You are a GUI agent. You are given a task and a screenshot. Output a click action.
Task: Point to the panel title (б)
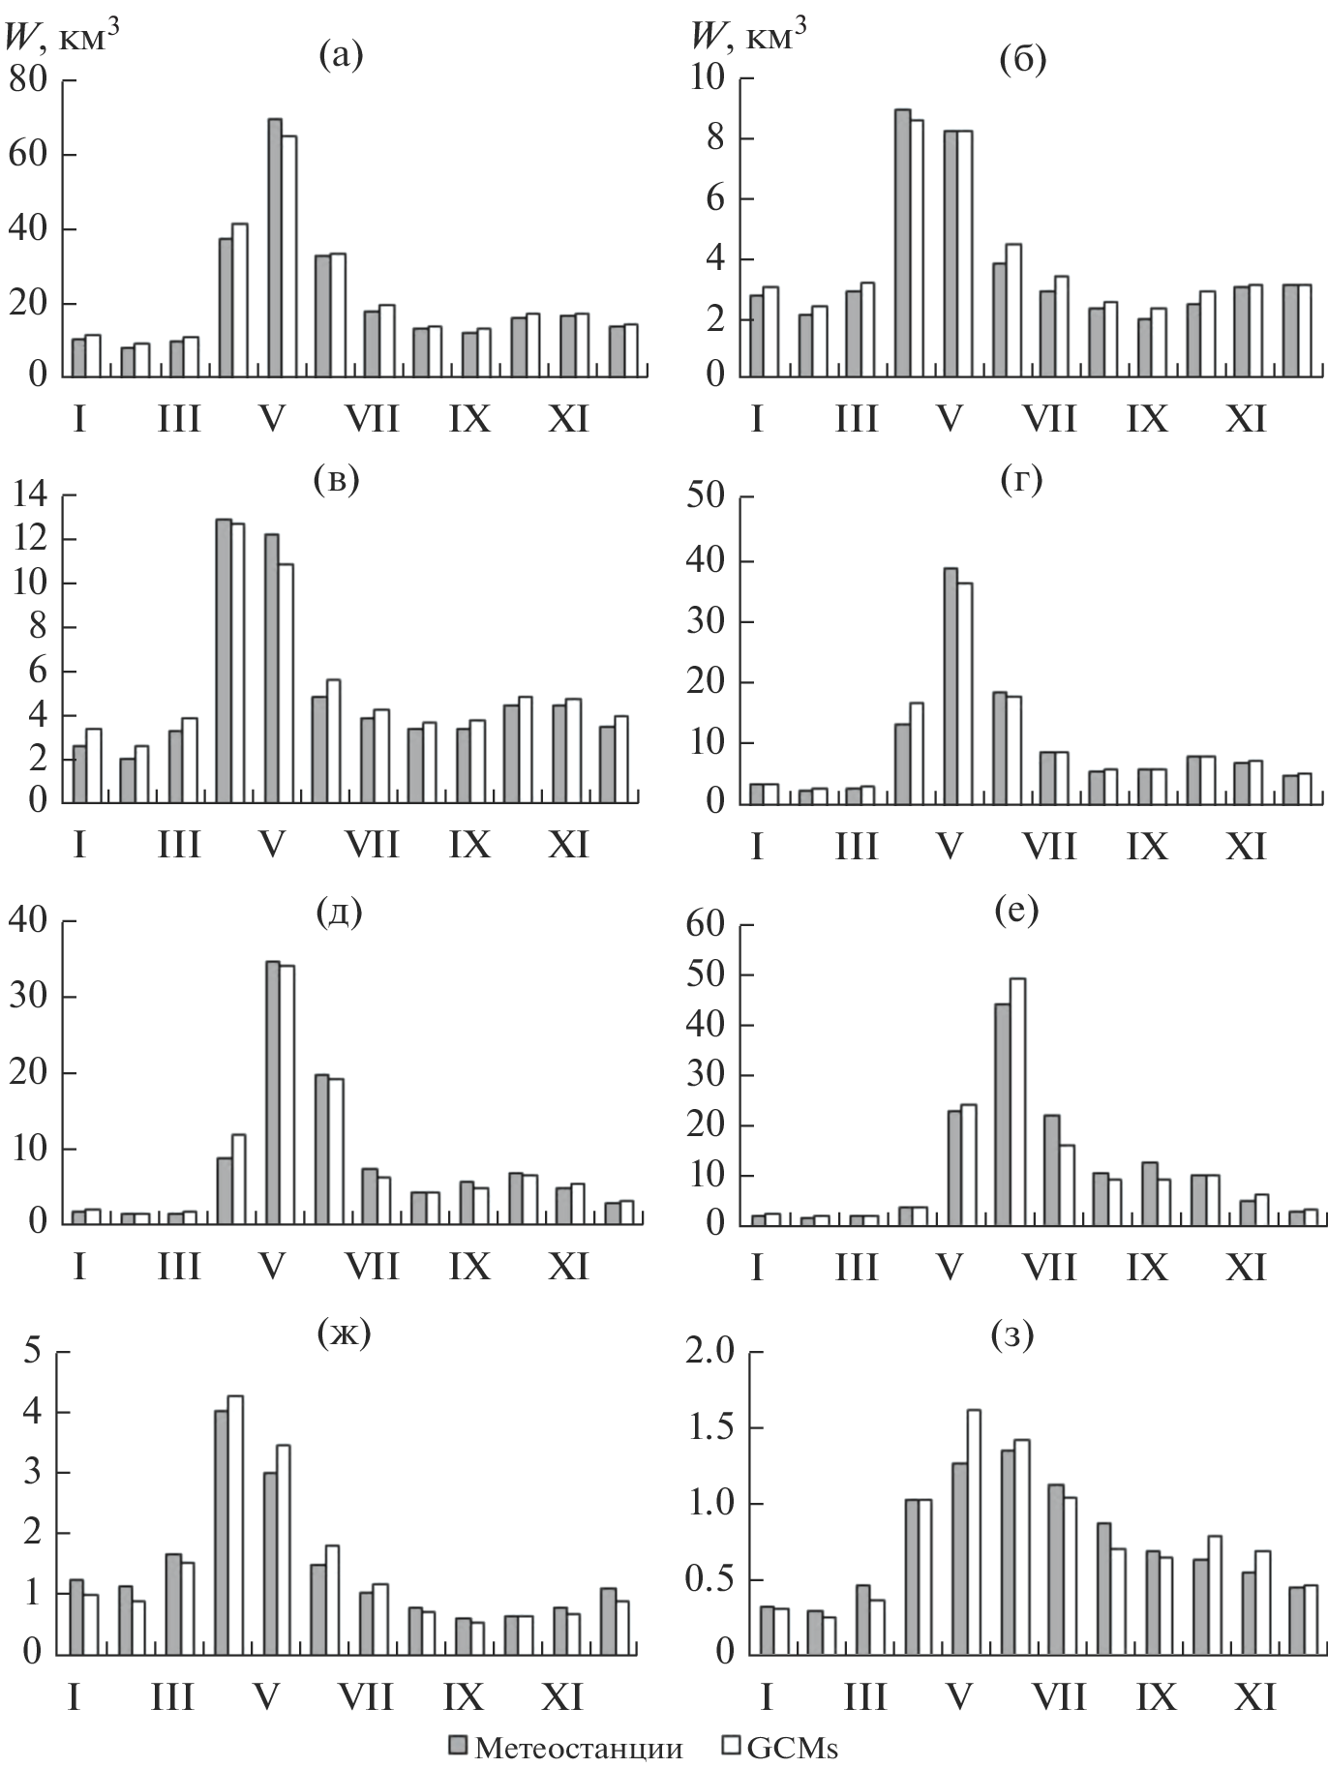pos(1022,60)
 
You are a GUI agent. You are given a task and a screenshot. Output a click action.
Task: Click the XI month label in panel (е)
pos(1244,1267)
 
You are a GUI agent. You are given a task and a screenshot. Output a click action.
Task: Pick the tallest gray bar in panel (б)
pos(902,242)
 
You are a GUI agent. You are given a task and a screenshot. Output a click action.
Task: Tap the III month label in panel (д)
pos(179,1267)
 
